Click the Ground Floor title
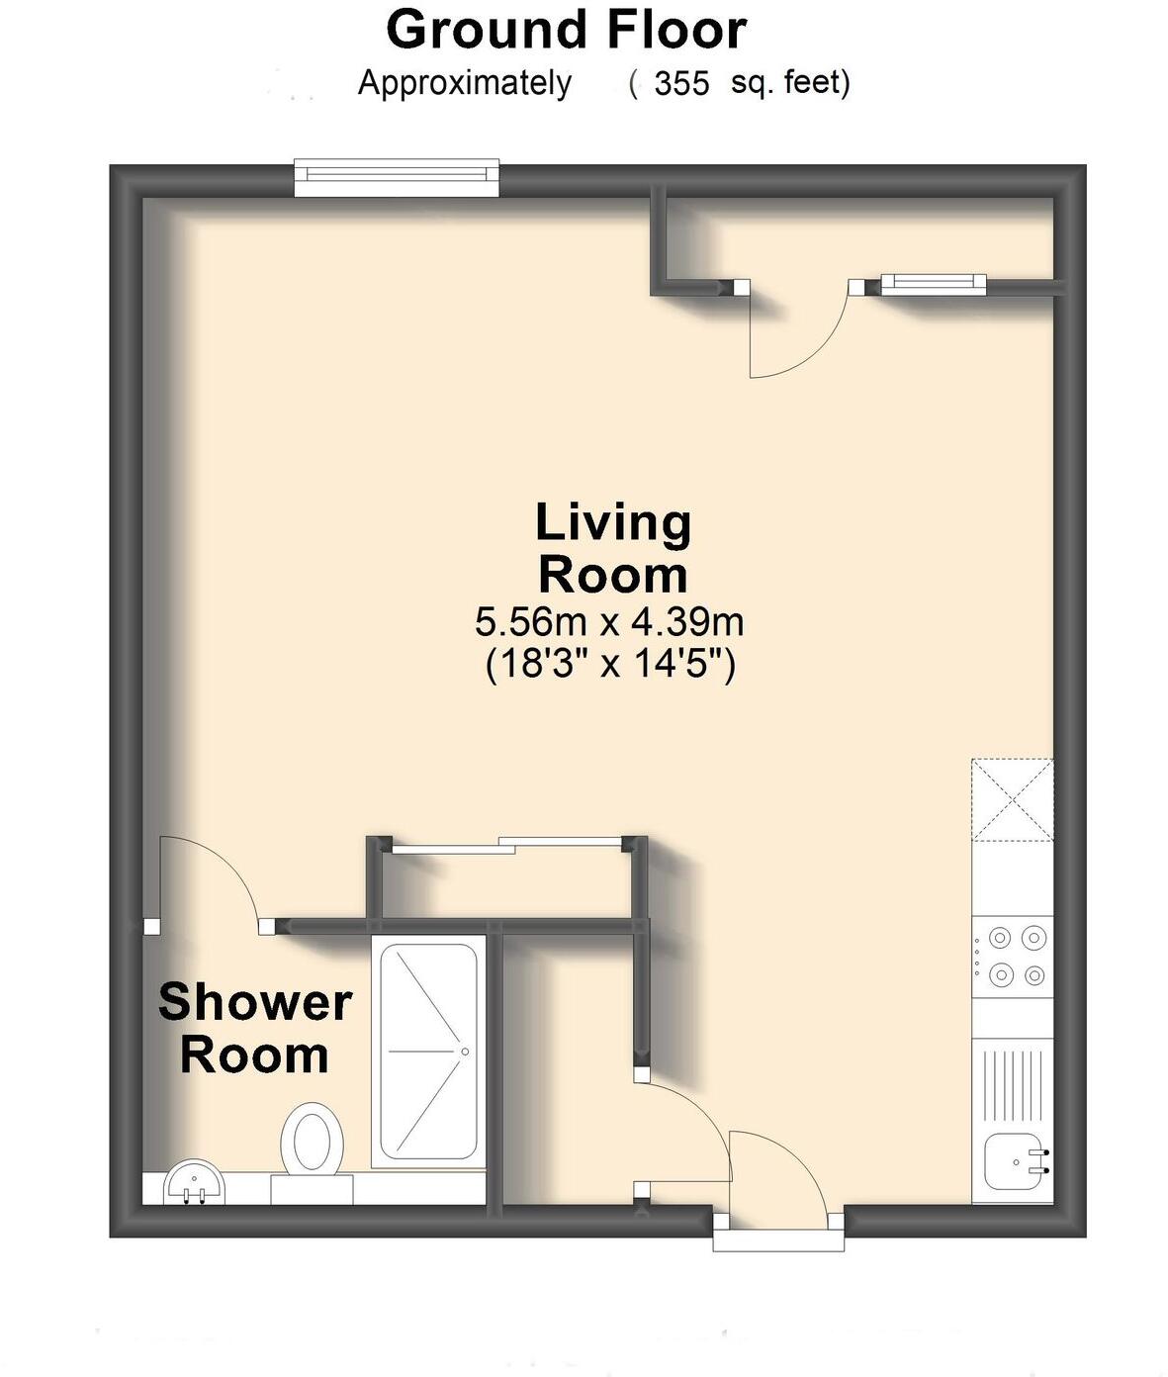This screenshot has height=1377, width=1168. click(x=566, y=30)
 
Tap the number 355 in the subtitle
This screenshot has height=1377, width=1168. click(x=681, y=84)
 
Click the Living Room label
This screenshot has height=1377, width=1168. click(x=612, y=548)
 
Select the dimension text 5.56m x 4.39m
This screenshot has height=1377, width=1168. click(x=609, y=622)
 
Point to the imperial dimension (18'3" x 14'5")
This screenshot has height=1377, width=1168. click(x=610, y=664)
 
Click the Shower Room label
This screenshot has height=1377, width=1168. click(x=255, y=1028)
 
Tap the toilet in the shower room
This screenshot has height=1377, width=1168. click(x=313, y=1143)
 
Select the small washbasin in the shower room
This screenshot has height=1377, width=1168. click(x=194, y=1183)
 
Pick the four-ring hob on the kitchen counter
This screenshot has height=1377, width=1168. click(x=1013, y=956)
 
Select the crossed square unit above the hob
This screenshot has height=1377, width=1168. click(x=1013, y=799)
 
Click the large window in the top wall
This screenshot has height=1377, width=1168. click(x=397, y=176)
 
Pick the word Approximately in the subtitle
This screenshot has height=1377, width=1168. click(x=464, y=84)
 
